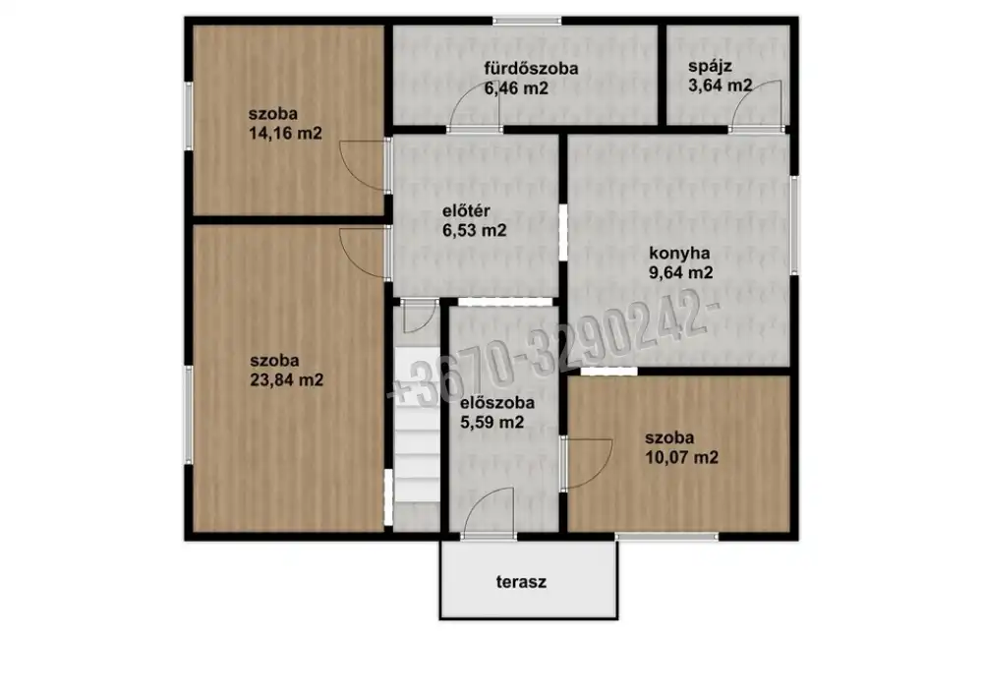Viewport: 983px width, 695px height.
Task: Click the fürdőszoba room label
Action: tap(531, 68)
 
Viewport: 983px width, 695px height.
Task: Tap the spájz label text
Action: tap(711, 67)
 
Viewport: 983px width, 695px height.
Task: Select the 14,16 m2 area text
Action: tap(285, 134)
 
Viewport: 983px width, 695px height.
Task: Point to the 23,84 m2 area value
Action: tap(286, 379)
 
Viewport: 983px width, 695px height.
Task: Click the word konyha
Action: tap(679, 254)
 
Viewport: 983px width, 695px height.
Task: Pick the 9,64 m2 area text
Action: tap(681, 272)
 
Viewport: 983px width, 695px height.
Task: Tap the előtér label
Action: tap(466, 210)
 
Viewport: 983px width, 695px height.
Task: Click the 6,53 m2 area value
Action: tap(475, 231)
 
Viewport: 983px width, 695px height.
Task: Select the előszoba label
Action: tap(497, 402)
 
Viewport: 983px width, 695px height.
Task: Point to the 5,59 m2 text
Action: tap(492, 423)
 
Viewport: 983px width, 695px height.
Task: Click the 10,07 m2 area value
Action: tap(682, 457)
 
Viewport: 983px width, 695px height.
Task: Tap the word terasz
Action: tap(521, 582)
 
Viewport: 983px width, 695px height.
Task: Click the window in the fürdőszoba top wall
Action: tap(527, 21)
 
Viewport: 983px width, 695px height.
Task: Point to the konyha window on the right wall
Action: tap(794, 225)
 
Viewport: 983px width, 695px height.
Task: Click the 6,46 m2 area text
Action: tap(516, 88)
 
